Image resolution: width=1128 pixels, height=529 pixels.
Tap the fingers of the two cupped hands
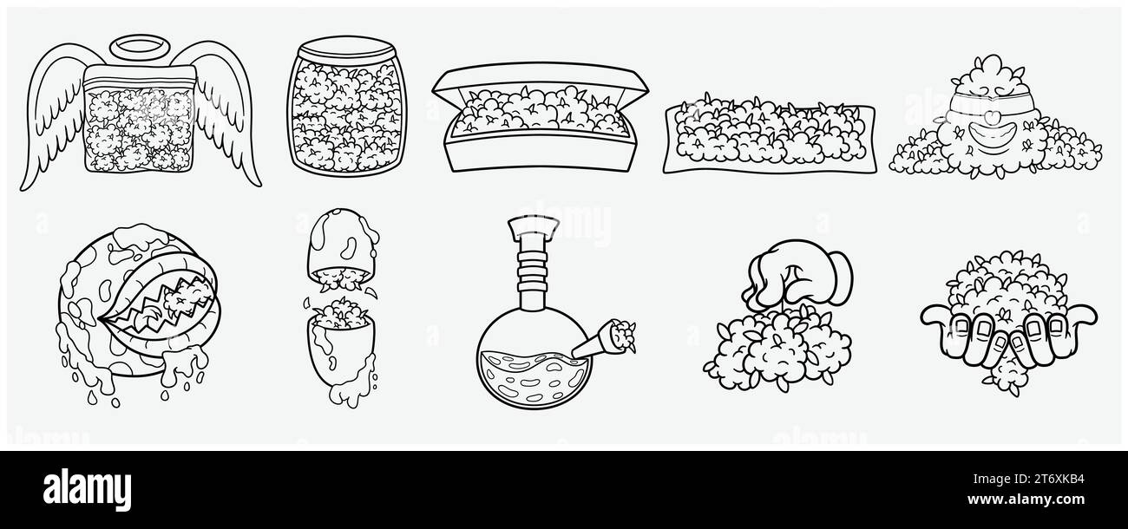[1007, 334]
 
